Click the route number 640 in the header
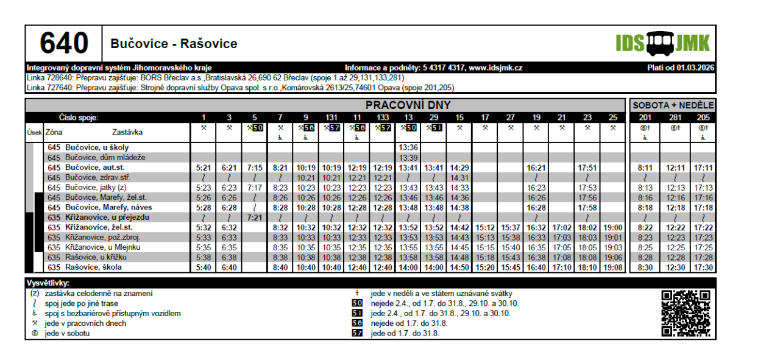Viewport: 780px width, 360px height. point(64,44)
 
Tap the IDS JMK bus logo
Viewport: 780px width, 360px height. point(662,43)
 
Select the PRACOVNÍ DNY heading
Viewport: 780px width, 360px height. point(408,105)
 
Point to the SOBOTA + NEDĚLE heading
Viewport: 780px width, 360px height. point(673,105)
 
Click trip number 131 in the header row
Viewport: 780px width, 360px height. point(331,118)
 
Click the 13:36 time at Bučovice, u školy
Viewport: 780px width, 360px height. point(408,148)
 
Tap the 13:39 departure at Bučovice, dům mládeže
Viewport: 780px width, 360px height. point(408,158)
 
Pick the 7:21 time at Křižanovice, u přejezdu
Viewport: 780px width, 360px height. point(255,217)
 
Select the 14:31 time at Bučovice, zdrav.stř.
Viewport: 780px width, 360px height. point(459,178)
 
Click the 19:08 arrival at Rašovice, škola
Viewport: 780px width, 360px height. point(613,267)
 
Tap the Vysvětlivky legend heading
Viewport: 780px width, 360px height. point(48,283)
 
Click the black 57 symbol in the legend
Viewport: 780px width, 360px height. point(357,333)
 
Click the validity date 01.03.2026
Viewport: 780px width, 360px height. point(695,68)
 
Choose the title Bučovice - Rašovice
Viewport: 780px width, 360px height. point(174,44)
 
